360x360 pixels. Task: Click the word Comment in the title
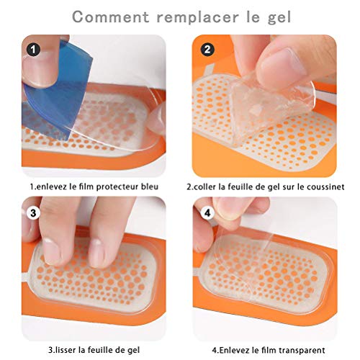tap(106, 15)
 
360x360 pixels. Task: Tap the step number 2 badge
tap(208, 50)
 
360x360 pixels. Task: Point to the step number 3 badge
tap(32, 214)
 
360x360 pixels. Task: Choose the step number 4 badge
tap(208, 214)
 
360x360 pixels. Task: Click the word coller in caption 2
tap(208, 186)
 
